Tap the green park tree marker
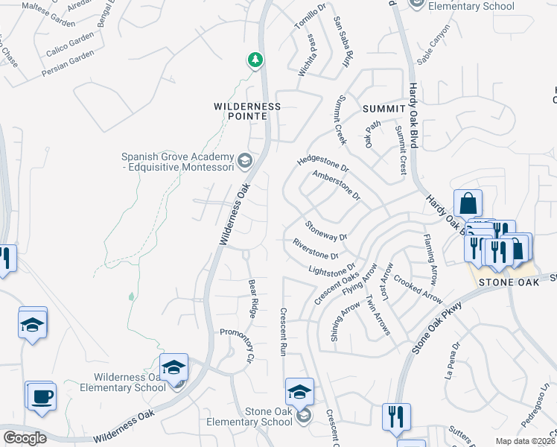(x=255, y=60)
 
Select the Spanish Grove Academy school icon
(x=244, y=161)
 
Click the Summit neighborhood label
(x=383, y=109)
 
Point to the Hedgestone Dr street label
(x=322, y=162)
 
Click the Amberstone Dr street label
(x=336, y=186)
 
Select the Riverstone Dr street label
(x=316, y=249)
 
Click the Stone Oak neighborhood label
(x=507, y=282)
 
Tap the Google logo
(x=25, y=438)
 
